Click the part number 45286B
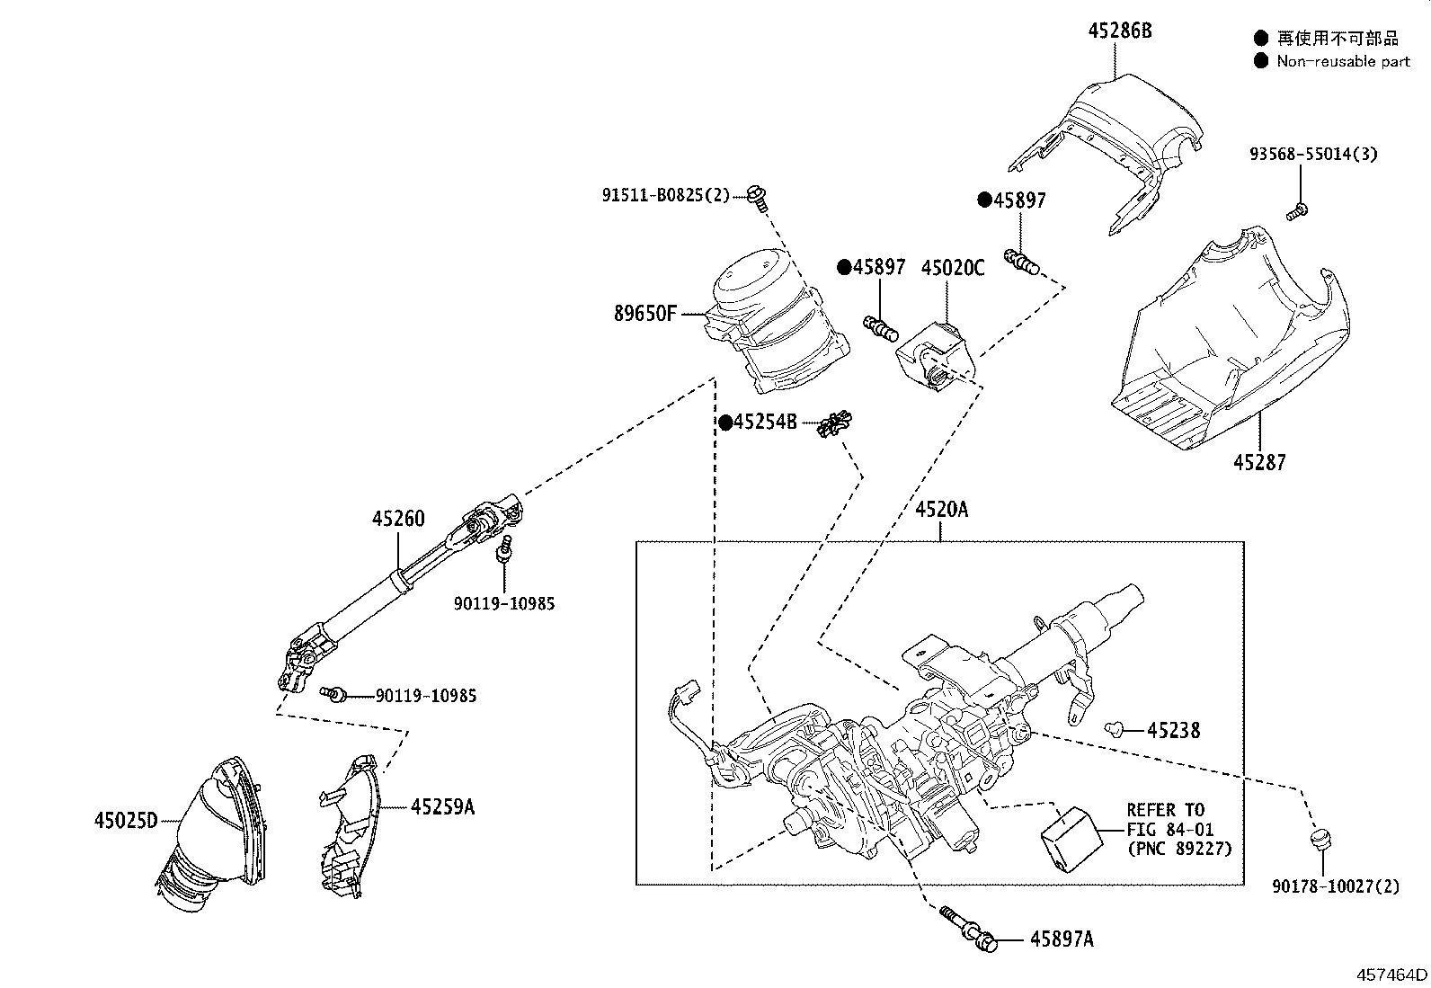pos(1119,31)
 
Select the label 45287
pos(1259,463)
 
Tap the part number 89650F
pos(644,314)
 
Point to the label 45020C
pos(952,268)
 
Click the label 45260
pos(399,519)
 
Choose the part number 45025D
pos(126,820)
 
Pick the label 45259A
pos(442,806)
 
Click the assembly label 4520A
pos(941,510)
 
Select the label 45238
pos(1173,730)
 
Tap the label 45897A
pos(1062,939)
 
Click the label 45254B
pos(765,422)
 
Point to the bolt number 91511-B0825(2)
pos(666,194)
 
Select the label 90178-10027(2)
pos(1336,886)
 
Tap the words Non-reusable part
pos(1343,61)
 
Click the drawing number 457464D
pos(1391,975)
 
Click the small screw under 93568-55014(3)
pos(1297,212)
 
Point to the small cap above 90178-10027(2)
pos(1320,840)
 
